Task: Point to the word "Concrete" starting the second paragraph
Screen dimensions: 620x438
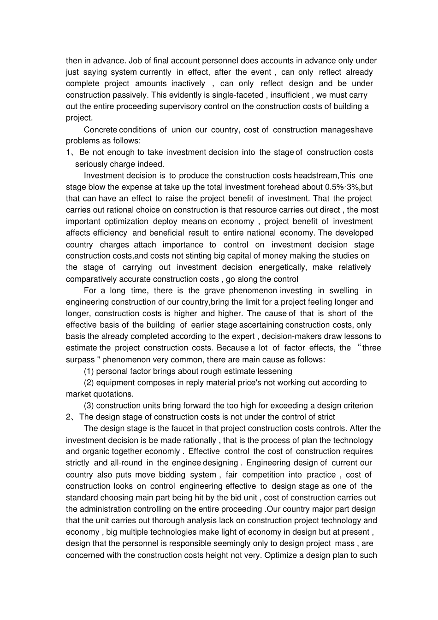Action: (x=101, y=130)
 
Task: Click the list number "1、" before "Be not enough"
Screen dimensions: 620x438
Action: (x=71, y=152)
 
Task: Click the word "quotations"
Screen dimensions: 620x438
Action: (x=114, y=394)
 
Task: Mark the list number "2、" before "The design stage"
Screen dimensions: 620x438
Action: (x=71, y=417)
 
